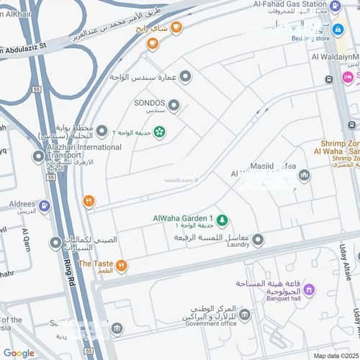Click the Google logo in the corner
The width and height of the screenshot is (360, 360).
pyautogui.click(x=19, y=353)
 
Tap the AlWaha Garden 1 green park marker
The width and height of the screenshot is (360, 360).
pyautogui.click(x=222, y=219)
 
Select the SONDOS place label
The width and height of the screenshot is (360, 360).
pyautogui.click(x=150, y=102)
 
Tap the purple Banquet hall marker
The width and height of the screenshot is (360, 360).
pyautogui.click(x=309, y=290)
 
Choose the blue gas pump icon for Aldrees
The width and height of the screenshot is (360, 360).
pyautogui.click(x=45, y=207)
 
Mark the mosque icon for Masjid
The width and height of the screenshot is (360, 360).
pyautogui.click(x=304, y=175)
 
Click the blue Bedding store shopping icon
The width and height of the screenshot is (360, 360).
pyautogui.click(x=338, y=30)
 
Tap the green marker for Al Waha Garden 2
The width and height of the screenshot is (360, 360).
pyautogui.click(x=159, y=132)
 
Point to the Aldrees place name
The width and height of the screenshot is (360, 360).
pyautogui.click(x=22, y=204)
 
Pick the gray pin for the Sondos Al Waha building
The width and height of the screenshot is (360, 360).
pyautogui.click(x=186, y=76)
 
